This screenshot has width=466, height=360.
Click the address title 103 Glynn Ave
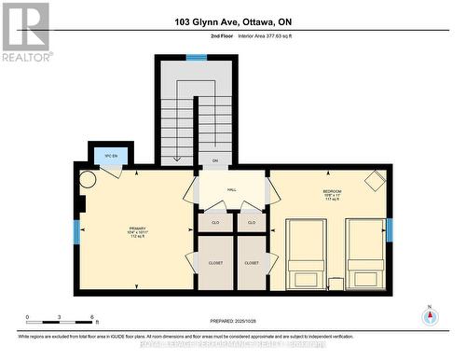[231, 21]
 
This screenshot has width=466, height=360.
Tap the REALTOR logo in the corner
[25, 32]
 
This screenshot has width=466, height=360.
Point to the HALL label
[231, 189]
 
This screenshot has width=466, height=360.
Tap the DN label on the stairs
[214, 160]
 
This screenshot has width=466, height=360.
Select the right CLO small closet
[251, 223]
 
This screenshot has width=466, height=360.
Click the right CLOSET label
[251, 263]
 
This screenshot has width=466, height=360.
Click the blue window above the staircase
[196, 58]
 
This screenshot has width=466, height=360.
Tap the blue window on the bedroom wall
[390, 228]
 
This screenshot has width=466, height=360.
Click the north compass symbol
[430, 315]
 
